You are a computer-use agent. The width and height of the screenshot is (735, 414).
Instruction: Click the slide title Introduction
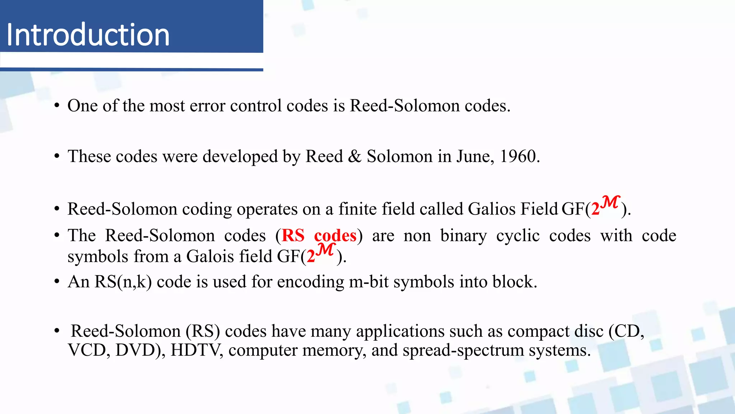click(88, 34)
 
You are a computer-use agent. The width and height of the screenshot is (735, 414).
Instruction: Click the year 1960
click(519, 156)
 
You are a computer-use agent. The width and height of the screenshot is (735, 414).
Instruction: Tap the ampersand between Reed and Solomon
click(355, 156)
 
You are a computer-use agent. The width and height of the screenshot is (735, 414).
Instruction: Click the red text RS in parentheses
click(293, 236)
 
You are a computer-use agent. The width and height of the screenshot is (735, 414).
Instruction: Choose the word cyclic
click(518, 236)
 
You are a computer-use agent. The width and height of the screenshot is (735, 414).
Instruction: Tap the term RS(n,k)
click(123, 282)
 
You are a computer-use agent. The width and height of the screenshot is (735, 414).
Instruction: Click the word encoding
click(310, 282)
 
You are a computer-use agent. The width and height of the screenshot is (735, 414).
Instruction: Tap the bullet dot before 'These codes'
click(57, 156)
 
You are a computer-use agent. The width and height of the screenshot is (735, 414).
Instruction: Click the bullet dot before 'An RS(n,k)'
click(57, 282)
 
